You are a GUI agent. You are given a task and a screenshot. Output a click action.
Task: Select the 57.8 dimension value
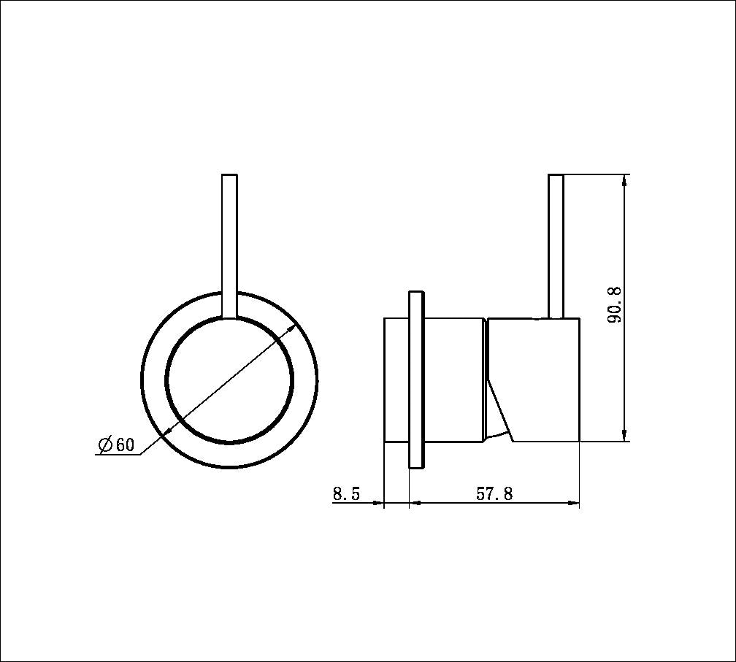[x=494, y=494]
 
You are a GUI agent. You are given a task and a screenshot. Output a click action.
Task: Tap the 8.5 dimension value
[x=346, y=494]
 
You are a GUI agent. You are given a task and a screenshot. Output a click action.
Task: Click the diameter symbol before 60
[x=104, y=444]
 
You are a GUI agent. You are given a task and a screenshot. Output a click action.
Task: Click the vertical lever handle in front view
[x=229, y=245]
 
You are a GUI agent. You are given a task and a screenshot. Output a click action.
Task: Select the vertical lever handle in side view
[x=556, y=245]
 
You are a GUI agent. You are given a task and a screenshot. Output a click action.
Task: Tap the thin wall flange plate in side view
[x=415, y=380]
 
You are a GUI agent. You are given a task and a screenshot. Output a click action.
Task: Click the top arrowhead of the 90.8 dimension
[x=625, y=181]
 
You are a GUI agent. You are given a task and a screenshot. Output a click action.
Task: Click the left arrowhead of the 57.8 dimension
[x=415, y=502]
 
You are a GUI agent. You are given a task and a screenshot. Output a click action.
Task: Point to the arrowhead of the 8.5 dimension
[x=378, y=502]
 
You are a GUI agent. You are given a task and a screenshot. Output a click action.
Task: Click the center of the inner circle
[x=229, y=380]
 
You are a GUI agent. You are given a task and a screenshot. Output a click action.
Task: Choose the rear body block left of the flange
[x=396, y=380]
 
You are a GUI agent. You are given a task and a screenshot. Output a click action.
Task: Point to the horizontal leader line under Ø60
[x=117, y=455]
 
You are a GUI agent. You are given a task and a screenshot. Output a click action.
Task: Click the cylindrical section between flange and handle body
[x=453, y=380]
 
